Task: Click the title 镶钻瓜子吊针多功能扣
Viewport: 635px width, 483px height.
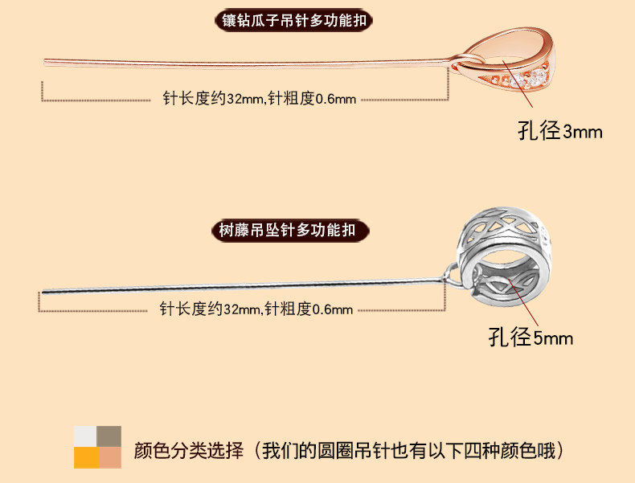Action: [x=294, y=21]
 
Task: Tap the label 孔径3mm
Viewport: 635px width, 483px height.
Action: [x=560, y=131]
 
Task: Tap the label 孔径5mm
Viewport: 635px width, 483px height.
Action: [x=531, y=338]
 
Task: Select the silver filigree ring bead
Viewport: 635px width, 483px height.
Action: [x=504, y=256]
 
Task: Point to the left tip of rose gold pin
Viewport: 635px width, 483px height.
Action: [x=44, y=62]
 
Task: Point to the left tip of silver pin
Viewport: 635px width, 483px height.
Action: [x=43, y=292]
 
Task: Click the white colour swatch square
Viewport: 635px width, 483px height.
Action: [x=85, y=436]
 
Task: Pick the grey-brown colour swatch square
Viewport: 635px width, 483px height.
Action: [x=109, y=436]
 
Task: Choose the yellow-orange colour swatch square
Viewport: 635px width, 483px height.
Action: [x=86, y=457]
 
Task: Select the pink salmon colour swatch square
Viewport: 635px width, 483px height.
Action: [x=110, y=457]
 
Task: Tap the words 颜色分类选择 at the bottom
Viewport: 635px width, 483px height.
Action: [x=189, y=451]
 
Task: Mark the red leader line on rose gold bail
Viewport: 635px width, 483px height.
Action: [x=518, y=84]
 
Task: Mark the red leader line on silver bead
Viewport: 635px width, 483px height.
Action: [x=523, y=301]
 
